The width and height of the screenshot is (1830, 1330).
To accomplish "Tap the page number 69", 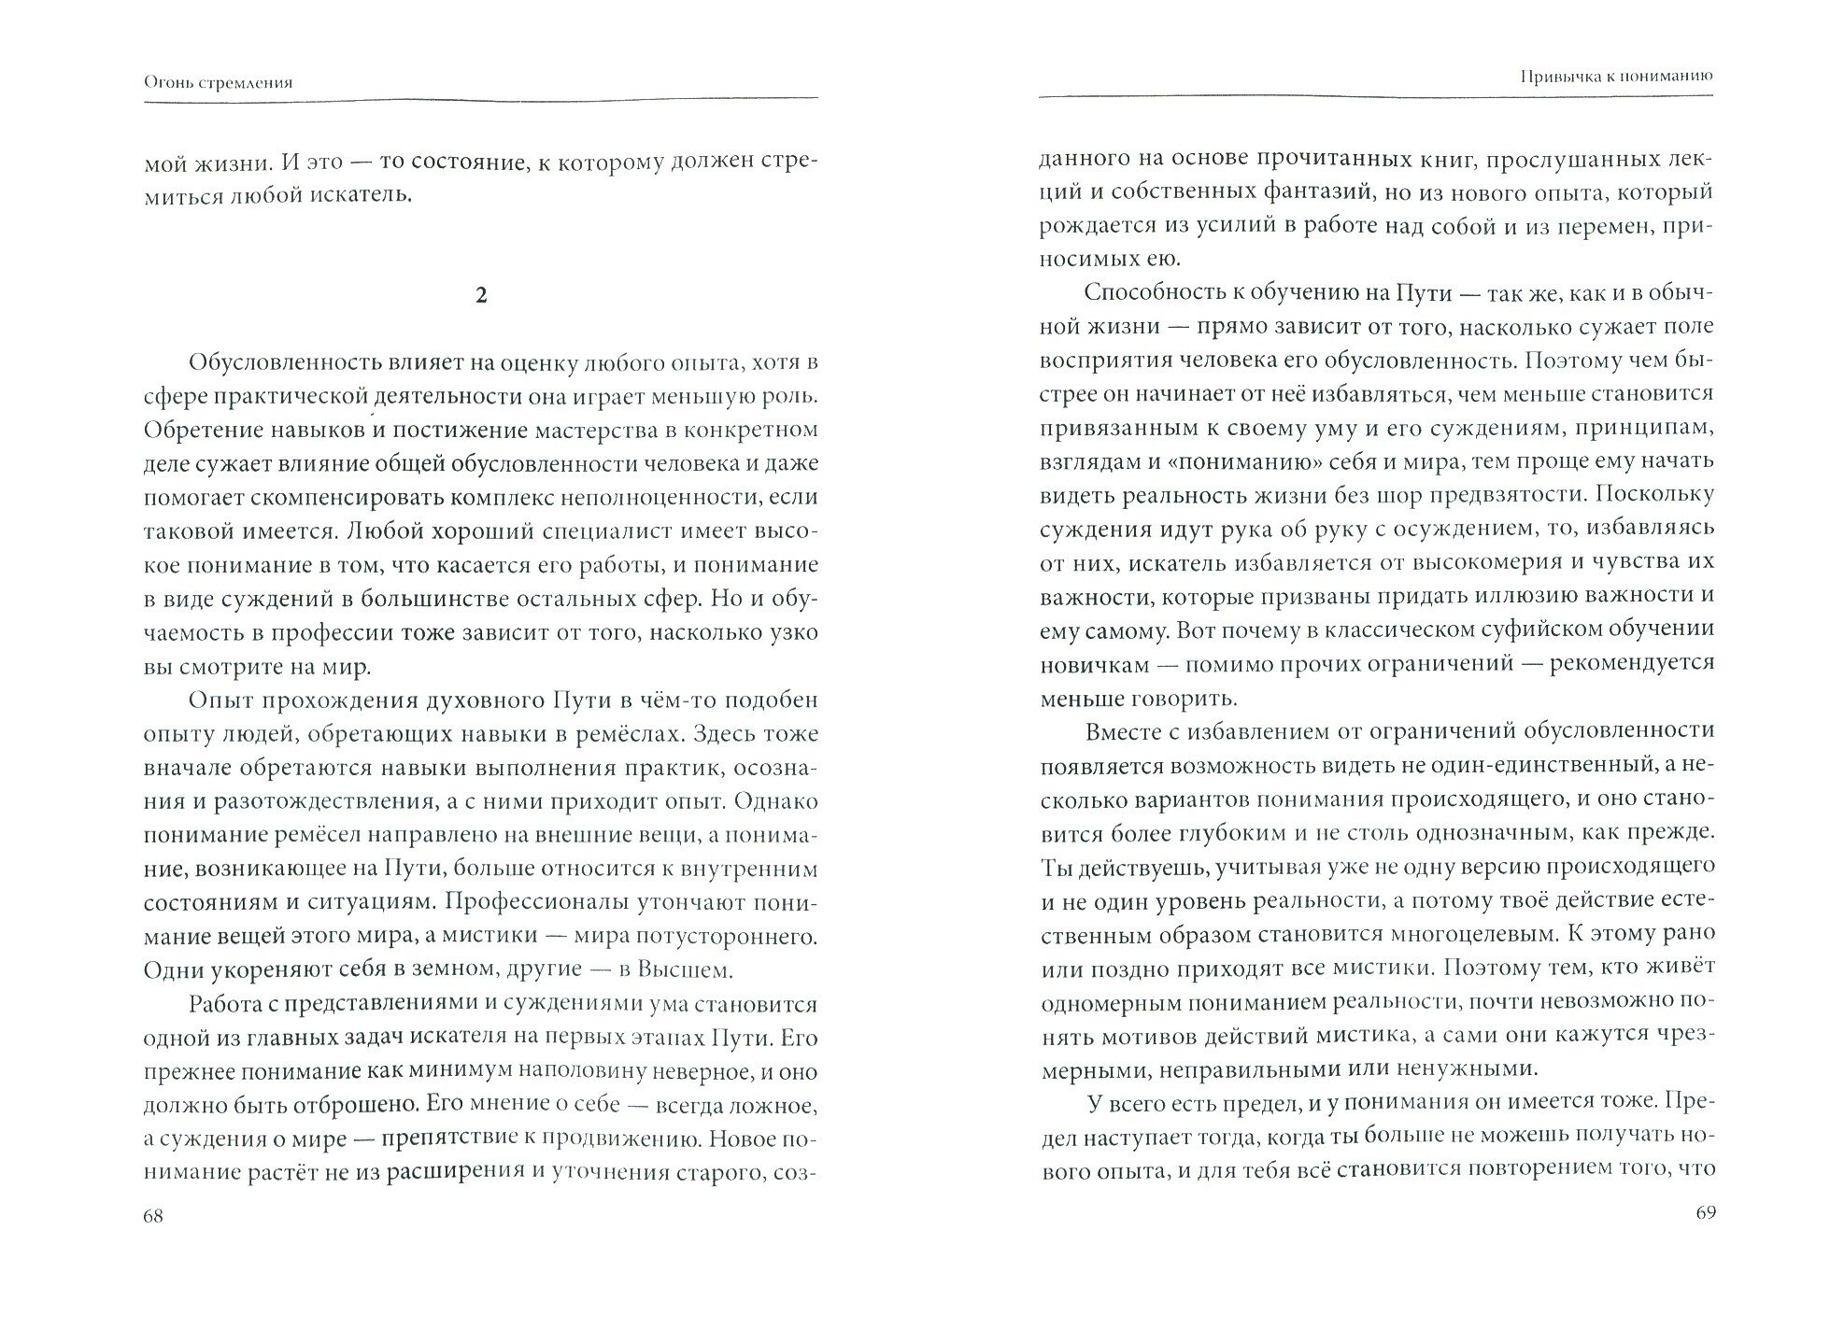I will (x=1702, y=1213).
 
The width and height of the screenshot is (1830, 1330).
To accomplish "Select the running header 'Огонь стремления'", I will (x=219, y=82).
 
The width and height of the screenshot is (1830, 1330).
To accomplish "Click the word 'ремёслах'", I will (x=643, y=734).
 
